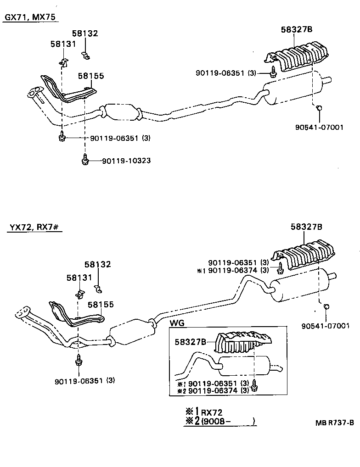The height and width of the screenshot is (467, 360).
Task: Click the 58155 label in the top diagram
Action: [x=90, y=76]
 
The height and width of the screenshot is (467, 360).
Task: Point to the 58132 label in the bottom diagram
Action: [x=97, y=265]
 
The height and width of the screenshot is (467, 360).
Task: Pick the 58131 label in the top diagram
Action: [x=63, y=44]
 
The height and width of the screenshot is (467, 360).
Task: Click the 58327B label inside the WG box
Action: [x=190, y=341]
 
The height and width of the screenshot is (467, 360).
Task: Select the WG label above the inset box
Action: [x=177, y=323]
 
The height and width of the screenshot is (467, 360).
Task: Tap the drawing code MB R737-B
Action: [x=335, y=423]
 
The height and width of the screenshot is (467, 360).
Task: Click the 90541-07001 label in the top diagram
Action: [x=321, y=128]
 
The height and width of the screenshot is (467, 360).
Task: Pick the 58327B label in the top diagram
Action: [x=297, y=29]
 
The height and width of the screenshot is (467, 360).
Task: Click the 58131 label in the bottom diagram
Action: [x=79, y=278]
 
